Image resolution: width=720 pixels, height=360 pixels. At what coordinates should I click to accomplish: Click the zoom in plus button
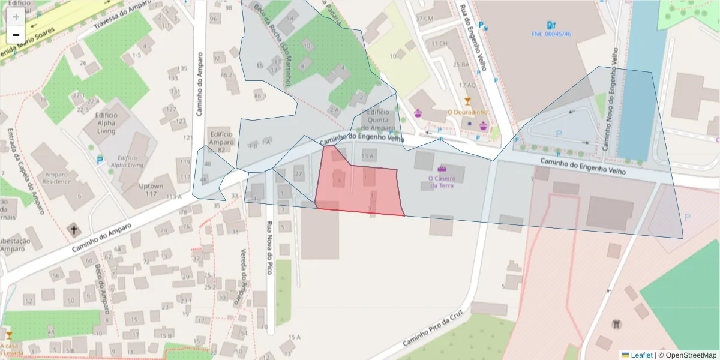[x=16, y=17]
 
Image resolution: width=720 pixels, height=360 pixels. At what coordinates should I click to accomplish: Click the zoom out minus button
[x=16, y=35]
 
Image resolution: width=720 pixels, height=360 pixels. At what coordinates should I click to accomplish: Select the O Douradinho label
[x=467, y=112]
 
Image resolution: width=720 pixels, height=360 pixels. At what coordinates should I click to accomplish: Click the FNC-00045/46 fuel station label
[x=551, y=34]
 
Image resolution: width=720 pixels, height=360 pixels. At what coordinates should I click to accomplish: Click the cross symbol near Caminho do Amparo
[x=74, y=230]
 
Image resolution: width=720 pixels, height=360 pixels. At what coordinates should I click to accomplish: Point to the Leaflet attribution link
[x=641, y=355]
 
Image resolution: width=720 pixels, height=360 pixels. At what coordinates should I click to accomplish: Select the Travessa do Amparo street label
[x=120, y=20]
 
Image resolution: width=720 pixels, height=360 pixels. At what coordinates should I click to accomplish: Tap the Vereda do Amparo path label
[x=244, y=276]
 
